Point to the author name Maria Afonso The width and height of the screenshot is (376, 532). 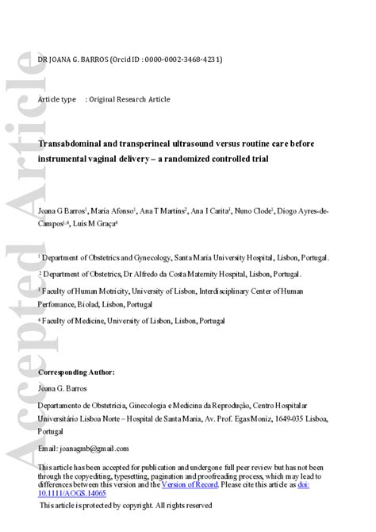pyautogui.click(x=113, y=211)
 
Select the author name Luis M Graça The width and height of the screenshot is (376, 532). pyautogui.click(x=95, y=225)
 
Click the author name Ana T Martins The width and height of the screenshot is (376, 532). pyautogui.click(x=163, y=211)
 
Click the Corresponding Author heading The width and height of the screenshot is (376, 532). pyautogui.click(x=76, y=372)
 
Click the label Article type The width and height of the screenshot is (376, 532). pyautogui.click(x=57, y=99)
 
